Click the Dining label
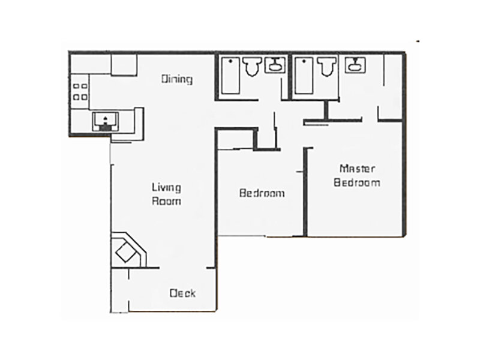[177, 79]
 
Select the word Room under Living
[166, 202]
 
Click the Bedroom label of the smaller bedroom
[262, 193]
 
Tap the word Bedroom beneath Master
[357, 182]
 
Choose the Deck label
[182, 293]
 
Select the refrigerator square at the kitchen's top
[124, 65]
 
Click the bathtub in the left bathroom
[230, 75]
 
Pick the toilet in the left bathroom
[252, 67]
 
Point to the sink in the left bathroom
[275, 65]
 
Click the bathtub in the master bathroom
[304, 75]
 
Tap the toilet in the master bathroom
[326, 67]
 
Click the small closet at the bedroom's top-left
[235, 140]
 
